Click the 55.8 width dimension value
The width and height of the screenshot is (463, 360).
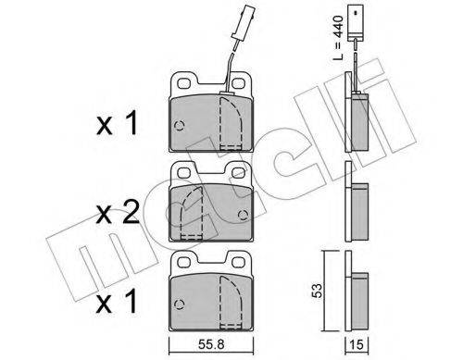(211, 344)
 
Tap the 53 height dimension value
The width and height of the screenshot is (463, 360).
(317, 291)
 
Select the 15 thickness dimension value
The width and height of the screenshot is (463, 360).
(357, 344)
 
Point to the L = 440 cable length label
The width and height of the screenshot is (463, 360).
(338, 37)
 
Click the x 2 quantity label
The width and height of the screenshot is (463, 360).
(118, 213)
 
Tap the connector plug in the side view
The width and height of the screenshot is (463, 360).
(355, 22)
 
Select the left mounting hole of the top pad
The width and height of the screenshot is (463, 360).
(184, 83)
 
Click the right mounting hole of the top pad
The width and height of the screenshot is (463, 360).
(238, 82)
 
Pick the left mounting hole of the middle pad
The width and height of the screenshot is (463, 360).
(184, 172)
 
